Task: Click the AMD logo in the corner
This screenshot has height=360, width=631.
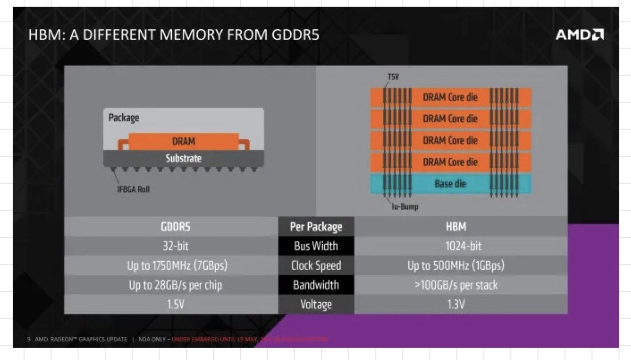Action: (579, 35)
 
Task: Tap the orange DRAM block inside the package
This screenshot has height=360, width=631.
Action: (183, 141)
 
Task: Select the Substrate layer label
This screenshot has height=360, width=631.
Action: (183, 159)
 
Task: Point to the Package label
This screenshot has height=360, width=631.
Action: (123, 118)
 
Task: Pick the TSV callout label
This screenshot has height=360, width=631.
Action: (393, 77)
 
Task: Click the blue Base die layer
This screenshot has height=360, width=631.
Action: (450, 184)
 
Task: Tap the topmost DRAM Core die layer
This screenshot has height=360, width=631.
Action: (450, 97)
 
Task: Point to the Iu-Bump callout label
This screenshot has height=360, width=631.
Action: (405, 207)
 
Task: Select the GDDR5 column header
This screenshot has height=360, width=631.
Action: (175, 227)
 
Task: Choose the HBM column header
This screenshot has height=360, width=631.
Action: (456, 227)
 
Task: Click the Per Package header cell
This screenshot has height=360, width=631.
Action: (316, 227)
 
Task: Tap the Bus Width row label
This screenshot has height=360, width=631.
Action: (316, 246)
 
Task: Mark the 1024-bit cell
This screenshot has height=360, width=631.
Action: (456, 246)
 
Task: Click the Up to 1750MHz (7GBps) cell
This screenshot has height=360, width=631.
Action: (176, 266)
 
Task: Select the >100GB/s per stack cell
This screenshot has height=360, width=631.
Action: (456, 285)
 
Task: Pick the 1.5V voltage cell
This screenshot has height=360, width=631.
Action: (175, 305)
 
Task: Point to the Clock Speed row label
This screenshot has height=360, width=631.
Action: (316, 266)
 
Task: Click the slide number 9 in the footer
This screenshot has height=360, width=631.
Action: (28, 339)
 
